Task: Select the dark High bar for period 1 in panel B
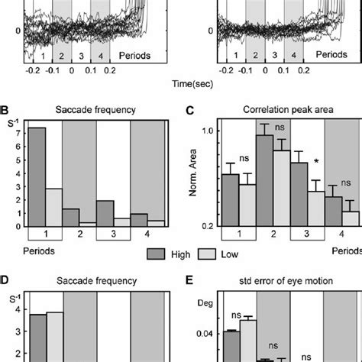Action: tap(37, 176)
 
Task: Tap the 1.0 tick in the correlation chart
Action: tap(206, 131)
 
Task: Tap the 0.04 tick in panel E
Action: tap(204, 332)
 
